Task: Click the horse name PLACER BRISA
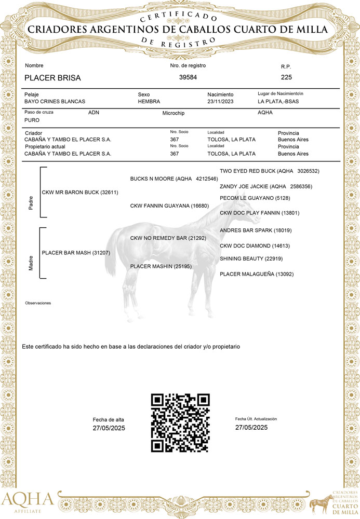tap(52, 78)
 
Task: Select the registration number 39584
tap(188, 77)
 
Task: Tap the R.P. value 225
tap(286, 77)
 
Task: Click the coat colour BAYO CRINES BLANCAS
tap(55, 102)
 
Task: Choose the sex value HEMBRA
tap(149, 102)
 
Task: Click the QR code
tap(180, 422)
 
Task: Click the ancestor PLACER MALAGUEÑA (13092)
tap(257, 274)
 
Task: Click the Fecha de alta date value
tap(109, 428)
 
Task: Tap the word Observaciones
tap(38, 303)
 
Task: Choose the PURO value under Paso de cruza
tap(32, 120)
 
